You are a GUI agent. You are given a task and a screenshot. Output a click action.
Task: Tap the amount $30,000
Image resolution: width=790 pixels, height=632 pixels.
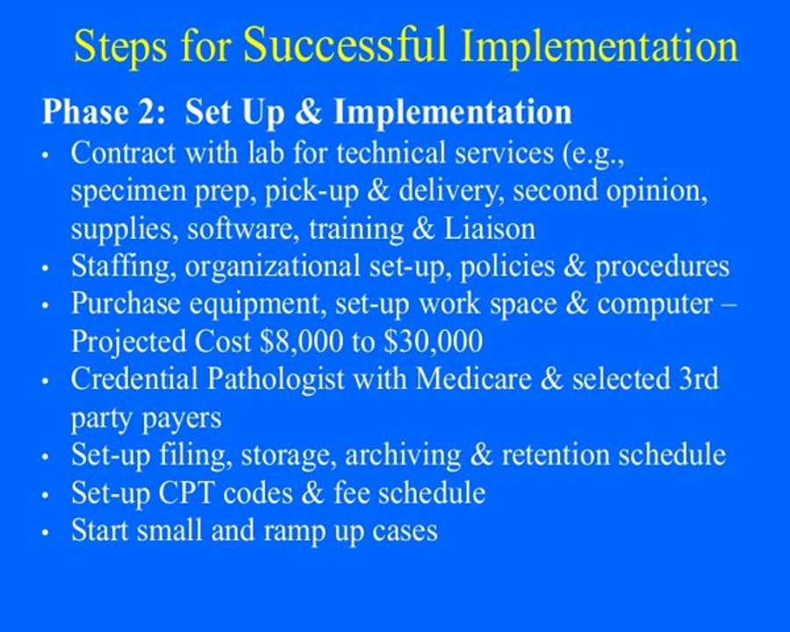(438, 341)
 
